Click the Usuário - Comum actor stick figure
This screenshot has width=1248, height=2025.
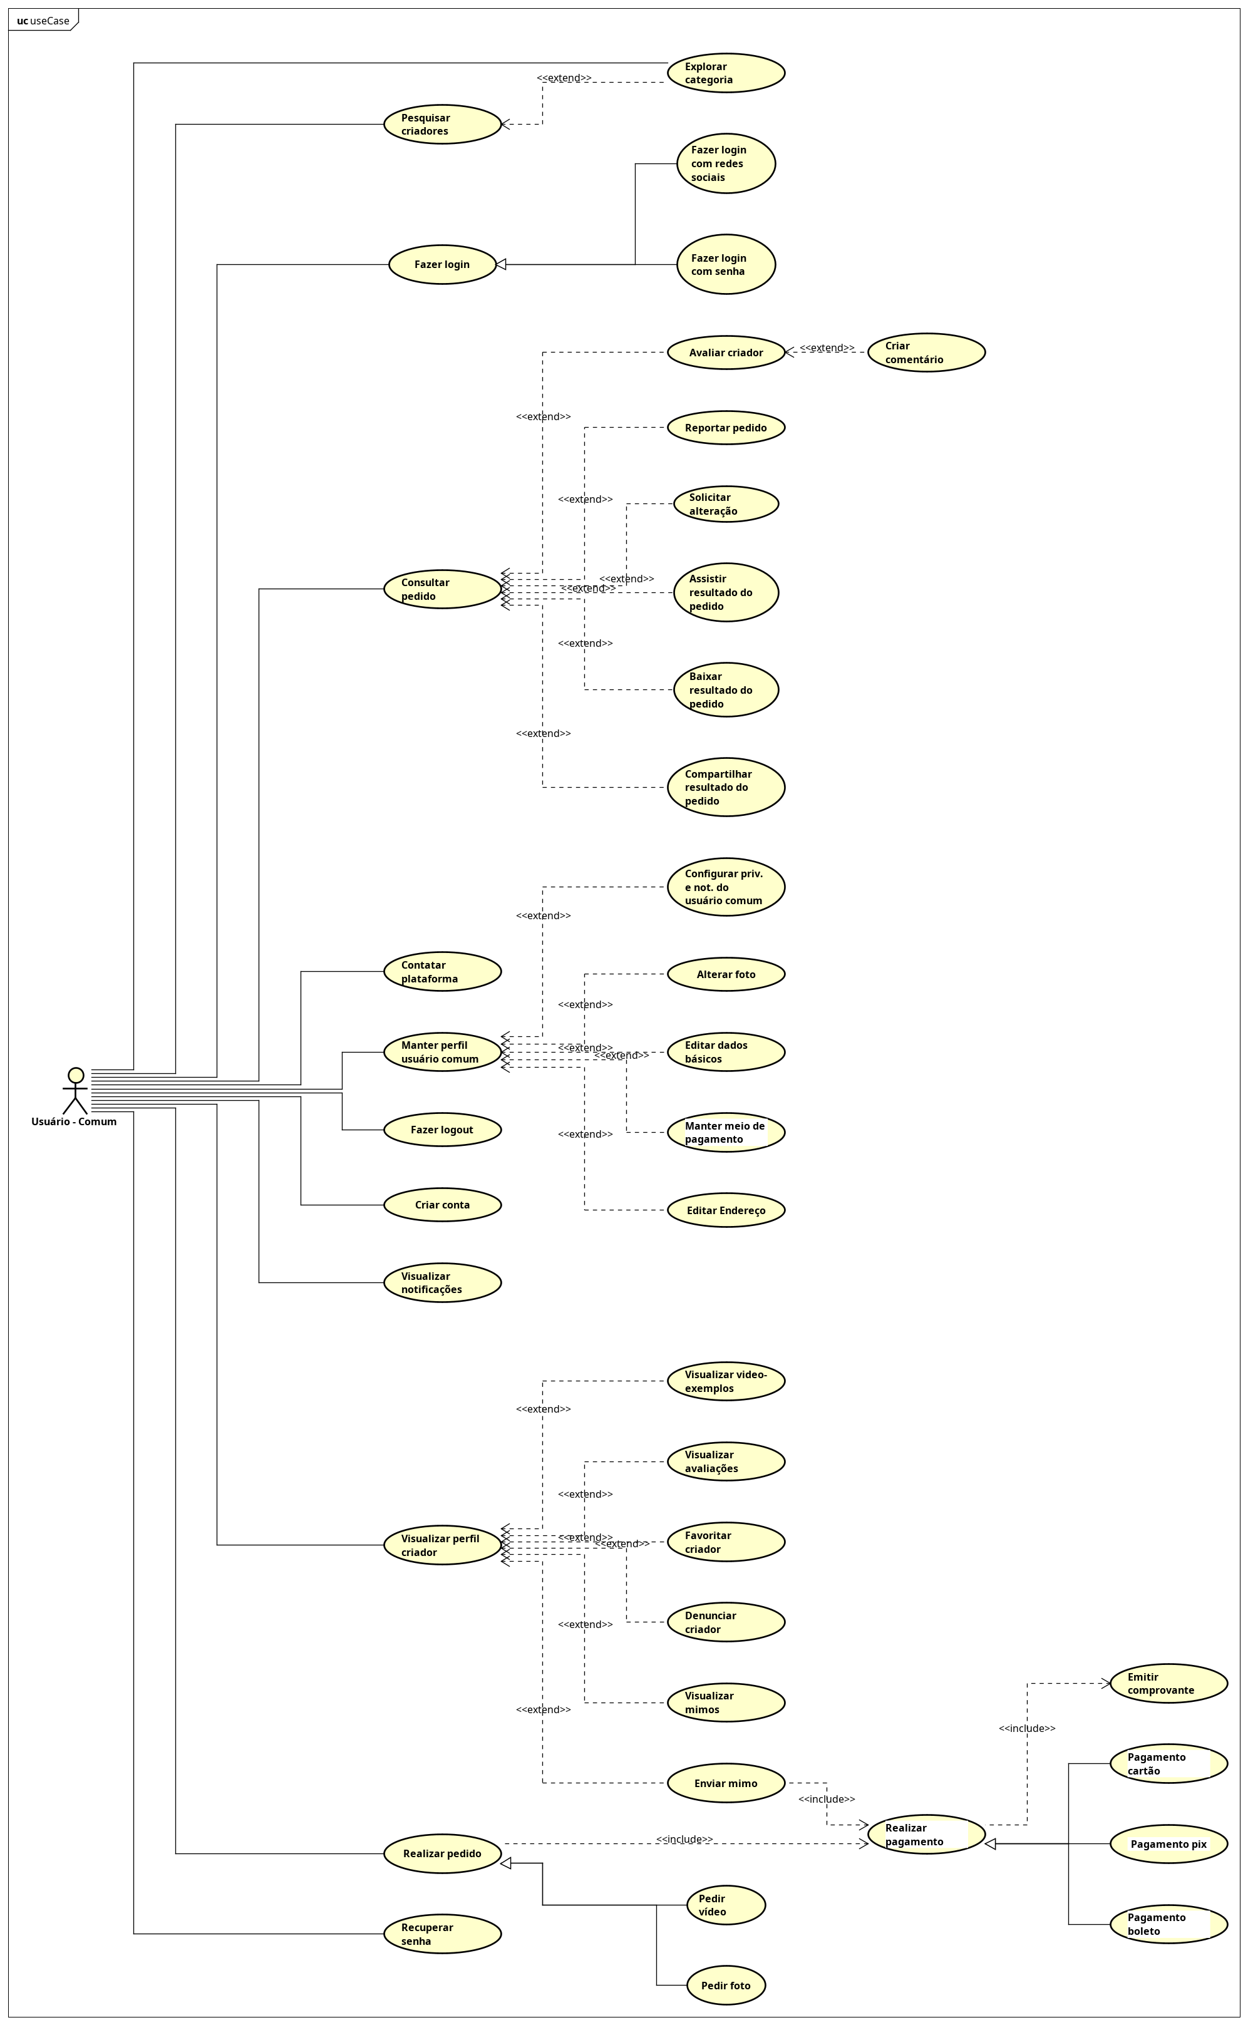pos(75,1091)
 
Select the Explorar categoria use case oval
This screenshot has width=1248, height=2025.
pos(726,73)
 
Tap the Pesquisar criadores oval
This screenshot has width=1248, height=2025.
pos(443,125)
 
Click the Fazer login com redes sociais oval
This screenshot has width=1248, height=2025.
pos(726,163)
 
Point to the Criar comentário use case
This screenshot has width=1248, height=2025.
pos(926,353)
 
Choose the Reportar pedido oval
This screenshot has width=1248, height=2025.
pos(726,428)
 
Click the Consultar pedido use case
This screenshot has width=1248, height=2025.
pos(443,589)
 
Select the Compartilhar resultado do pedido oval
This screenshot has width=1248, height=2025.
pos(726,787)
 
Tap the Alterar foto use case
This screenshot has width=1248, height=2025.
pos(726,974)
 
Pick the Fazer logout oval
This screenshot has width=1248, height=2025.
pos(443,1130)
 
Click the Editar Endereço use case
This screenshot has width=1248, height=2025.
pos(726,1210)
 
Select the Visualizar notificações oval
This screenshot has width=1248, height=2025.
pos(443,1282)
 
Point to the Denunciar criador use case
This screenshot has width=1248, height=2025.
pos(726,1622)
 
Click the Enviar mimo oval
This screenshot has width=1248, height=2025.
pos(726,1783)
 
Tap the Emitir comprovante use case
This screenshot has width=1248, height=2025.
pos(1168,1683)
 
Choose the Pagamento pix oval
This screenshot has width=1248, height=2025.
pos(1168,1843)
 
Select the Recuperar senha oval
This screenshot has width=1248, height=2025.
pos(443,1934)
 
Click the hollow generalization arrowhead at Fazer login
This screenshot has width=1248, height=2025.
pos(501,265)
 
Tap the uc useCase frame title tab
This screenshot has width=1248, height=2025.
pos(43,21)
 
